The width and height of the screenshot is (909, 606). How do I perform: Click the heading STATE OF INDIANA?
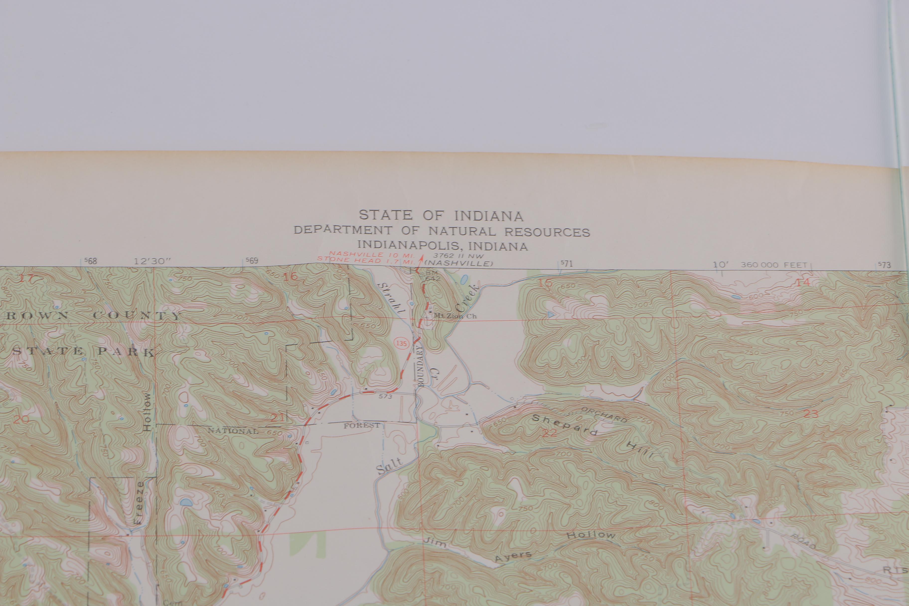[441, 215]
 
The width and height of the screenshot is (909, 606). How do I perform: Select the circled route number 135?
[402, 343]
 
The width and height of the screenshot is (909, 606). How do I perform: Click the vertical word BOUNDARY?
[421, 366]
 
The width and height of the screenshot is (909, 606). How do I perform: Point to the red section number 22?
[549, 433]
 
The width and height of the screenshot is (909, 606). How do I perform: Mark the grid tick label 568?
[91, 261]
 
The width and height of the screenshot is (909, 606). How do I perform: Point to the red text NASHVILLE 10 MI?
[371, 255]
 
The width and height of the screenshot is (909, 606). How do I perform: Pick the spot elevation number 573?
[385, 396]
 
